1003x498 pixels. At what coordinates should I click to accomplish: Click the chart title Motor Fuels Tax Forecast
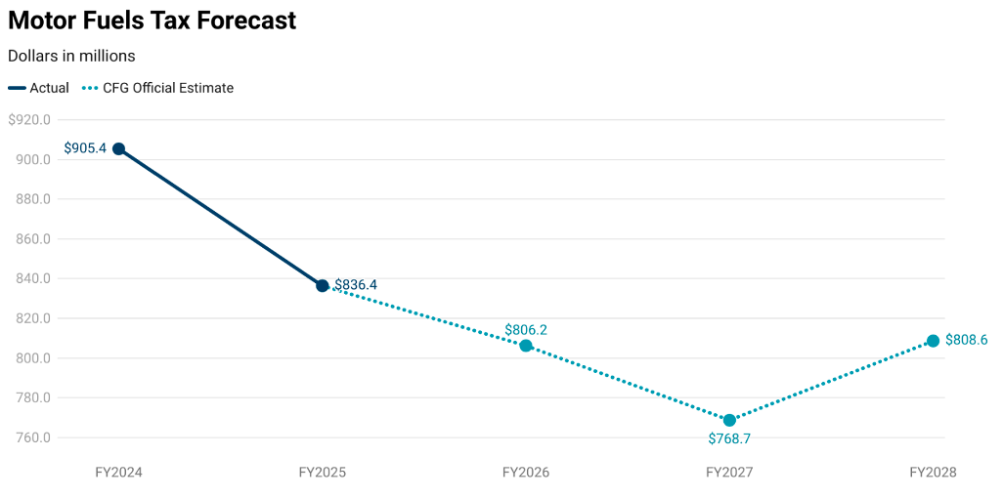152,20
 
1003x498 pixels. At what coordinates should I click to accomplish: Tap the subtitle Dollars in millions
71,56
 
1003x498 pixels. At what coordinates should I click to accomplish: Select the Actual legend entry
39,88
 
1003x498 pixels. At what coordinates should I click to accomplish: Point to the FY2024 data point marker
118,148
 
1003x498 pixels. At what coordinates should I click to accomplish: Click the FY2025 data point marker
322,285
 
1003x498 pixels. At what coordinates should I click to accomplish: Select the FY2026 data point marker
526,346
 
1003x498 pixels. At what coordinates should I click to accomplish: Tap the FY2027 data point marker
729,420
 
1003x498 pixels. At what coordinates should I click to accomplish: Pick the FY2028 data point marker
933,341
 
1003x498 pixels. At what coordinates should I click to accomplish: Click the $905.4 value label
85,148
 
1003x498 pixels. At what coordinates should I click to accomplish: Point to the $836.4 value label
356,285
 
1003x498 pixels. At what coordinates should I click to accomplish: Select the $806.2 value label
526,330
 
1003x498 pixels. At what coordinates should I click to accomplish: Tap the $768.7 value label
729,438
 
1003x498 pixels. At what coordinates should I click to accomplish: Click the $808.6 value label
966,341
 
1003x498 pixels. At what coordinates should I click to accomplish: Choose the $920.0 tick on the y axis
28,120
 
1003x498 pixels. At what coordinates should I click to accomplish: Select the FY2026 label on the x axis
526,473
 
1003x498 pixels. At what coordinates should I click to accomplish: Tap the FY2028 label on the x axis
933,473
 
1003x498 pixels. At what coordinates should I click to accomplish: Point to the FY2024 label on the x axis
118,473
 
